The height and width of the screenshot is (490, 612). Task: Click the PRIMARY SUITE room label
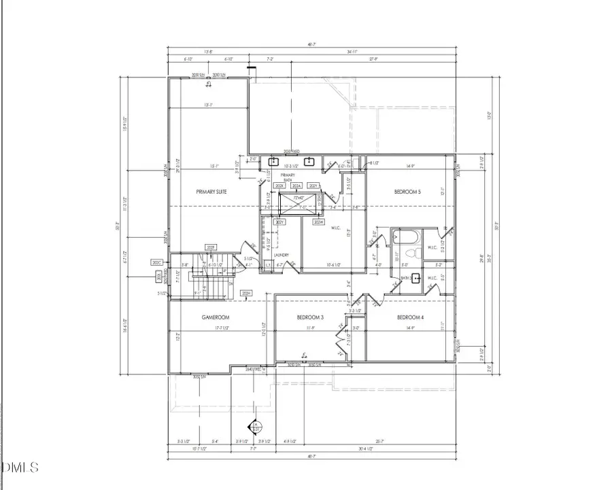pos(211,192)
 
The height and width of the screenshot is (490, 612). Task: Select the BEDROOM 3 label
pos(310,317)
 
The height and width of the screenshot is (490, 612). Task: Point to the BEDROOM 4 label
pos(410,317)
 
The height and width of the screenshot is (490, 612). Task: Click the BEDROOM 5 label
pos(408,192)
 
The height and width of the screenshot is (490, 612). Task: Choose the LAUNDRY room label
pos(282,256)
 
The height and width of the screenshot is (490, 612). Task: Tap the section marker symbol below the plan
pos(256,427)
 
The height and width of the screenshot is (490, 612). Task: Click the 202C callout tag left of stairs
pos(156,262)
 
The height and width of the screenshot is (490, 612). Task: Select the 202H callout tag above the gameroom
pos(246,294)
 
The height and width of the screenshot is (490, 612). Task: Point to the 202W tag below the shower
pos(318,222)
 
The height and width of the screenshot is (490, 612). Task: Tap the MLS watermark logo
pos(21,468)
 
